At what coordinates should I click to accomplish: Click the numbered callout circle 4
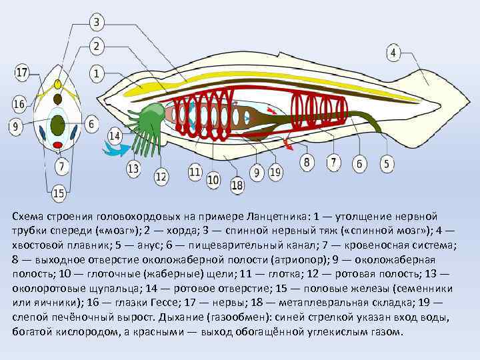tap(394, 52)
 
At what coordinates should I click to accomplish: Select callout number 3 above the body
tap(96, 23)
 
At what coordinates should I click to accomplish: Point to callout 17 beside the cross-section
tap(21, 72)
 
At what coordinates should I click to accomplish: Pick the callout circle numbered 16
tap(19, 104)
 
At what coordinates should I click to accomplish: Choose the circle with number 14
tap(114, 136)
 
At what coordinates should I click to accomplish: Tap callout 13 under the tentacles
tap(133, 168)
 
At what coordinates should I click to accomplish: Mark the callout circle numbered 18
tap(237, 185)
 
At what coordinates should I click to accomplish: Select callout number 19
tap(276, 173)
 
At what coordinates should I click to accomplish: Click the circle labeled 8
tap(307, 162)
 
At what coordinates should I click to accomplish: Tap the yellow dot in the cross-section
tap(58, 85)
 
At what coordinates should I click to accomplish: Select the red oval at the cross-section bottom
tap(58, 144)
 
